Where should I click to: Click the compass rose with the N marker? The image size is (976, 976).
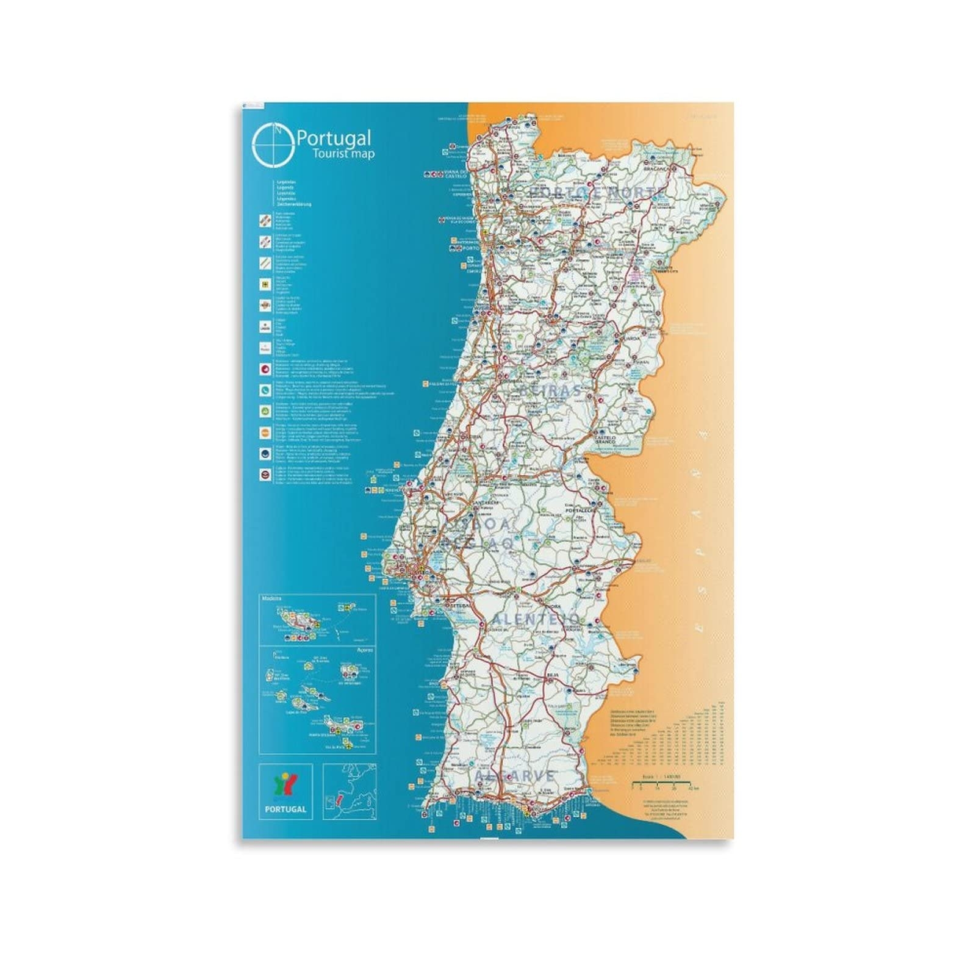coord(273,145)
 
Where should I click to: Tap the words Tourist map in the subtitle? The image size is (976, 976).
coord(343,154)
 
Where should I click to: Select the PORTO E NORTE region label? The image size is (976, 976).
coord(595,192)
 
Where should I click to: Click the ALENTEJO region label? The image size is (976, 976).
coord(535,619)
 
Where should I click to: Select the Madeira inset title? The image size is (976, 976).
coord(271,598)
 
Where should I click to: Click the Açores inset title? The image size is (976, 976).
coord(364,650)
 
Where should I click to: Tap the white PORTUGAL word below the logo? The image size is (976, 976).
coord(285,809)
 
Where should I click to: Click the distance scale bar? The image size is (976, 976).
coord(665,782)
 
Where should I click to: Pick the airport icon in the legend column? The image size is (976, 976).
coord(265,284)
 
